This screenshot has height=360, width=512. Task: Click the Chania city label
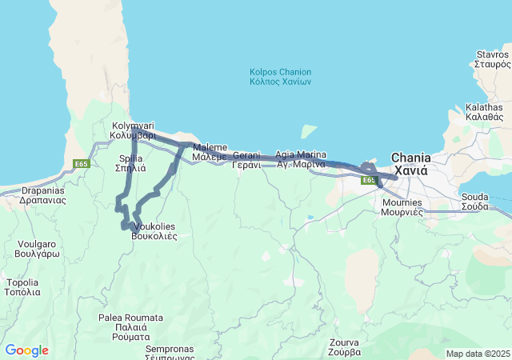click(x=410, y=164)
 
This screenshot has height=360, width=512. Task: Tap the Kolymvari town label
click(x=132, y=130)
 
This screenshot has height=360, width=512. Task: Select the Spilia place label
click(x=131, y=163)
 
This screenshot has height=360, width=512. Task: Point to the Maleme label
click(x=210, y=152)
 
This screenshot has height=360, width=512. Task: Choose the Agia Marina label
click(x=300, y=158)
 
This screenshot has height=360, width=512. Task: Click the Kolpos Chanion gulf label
click(x=280, y=77)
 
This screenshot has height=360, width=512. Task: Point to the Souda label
click(x=474, y=201)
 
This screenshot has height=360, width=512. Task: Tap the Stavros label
click(x=492, y=58)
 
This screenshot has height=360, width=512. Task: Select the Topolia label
click(x=22, y=287)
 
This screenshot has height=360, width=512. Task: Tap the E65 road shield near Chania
click(x=368, y=181)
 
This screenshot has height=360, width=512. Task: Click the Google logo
click(x=26, y=350)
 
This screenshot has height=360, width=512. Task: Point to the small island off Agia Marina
click(x=308, y=130)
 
